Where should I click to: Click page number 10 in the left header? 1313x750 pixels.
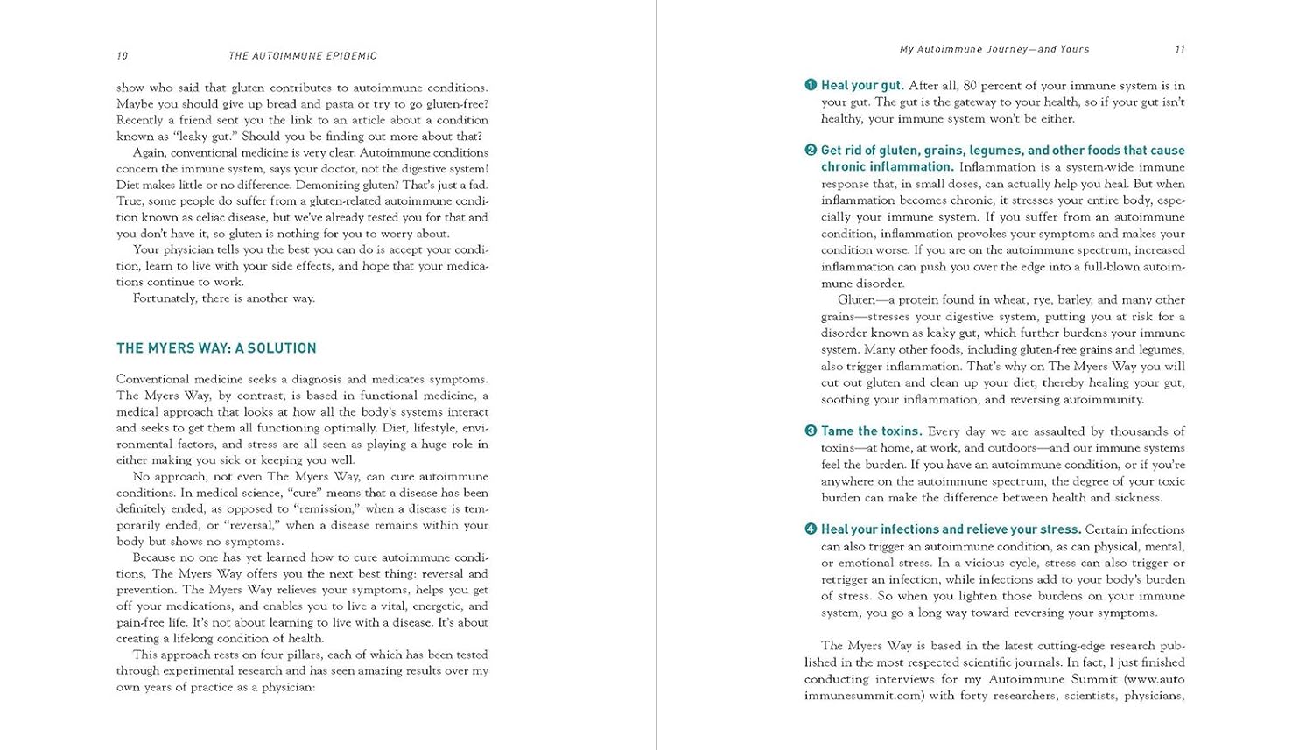[x=122, y=56]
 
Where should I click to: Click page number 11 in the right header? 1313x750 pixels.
[x=1179, y=50]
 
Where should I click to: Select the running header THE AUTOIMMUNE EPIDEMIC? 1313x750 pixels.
[x=303, y=56]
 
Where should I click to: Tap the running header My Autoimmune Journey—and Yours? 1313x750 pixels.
[x=994, y=50]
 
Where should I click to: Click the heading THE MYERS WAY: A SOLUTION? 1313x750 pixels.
[x=216, y=348]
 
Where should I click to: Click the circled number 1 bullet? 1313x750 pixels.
[x=811, y=85]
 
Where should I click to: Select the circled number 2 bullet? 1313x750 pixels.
[x=811, y=150]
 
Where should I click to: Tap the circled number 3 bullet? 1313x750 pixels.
[x=811, y=431]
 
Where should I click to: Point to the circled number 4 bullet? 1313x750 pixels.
[x=811, y=529]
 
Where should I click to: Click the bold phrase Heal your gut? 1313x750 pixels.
[x=862, y=86]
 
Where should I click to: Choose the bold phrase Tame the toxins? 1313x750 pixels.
[x=871, y=431]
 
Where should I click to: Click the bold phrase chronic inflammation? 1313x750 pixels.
[x=887, y=167]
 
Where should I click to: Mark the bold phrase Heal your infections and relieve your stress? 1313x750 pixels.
[x=951, y=529]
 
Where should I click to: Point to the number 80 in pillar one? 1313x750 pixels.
[x=970, y=86]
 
